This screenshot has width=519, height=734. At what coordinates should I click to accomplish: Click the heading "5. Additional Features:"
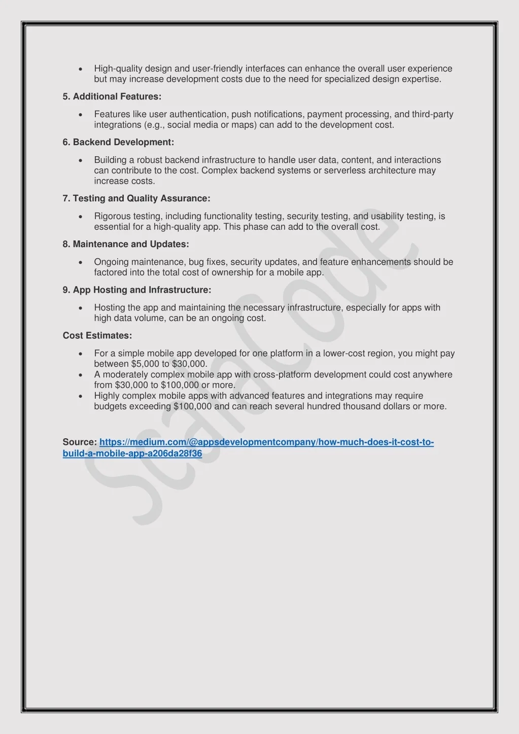coord(112,96)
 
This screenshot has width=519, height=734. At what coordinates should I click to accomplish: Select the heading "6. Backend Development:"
coord(118,142)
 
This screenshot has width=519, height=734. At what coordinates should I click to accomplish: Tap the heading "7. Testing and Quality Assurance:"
coord(136,198)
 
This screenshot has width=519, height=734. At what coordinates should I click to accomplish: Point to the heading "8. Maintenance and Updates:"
coord(126,244)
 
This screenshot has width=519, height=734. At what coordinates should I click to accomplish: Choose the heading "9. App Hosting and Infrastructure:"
coord(137,290)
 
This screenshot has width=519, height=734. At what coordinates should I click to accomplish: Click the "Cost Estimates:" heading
coord(97,335)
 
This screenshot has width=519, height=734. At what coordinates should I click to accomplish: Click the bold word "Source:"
coord(80,442)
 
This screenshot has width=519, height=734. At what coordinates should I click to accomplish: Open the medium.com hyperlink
coord(266,442)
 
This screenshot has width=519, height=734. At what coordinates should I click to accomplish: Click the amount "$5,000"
coord(145,364)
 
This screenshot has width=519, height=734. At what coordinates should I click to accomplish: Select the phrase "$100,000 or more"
coord(197,385)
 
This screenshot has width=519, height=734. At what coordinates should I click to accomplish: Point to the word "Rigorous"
coord(112,216)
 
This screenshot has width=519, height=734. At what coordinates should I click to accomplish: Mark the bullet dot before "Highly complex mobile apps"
coord(81,396)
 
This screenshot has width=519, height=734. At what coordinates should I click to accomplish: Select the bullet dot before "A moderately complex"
coord(81,374)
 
